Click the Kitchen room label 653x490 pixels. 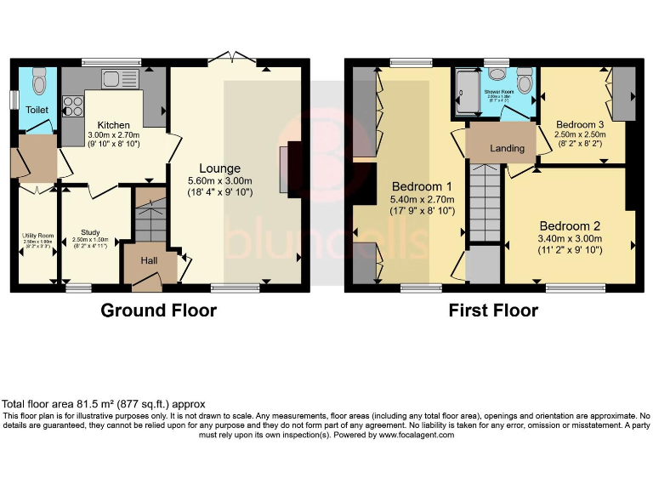(x=112, y=124)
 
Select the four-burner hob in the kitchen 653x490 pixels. (x=72, y=107)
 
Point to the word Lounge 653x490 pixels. (x=219, y=168)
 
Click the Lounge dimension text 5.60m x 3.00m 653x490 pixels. (x=220, y=180)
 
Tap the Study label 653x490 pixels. (x=90, y=231)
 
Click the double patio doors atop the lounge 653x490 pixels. (x=234, y=58)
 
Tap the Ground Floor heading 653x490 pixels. (x=158, y=311)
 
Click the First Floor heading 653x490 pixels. (x=493, y=311)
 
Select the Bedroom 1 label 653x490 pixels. (x=421, y=186)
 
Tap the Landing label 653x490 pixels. (x=507, y=148)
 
